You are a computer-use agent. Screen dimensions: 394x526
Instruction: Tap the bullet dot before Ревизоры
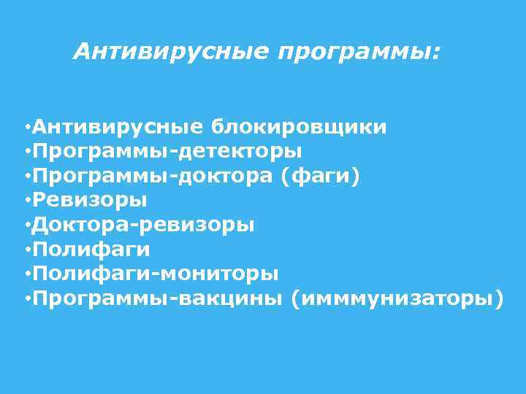[x=26, y=201]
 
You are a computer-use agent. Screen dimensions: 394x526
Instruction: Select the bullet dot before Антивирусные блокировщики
[x=26, y=128]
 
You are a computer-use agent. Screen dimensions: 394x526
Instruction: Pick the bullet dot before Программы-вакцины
[x=26, y=298]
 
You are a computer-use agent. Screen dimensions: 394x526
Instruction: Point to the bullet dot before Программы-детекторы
[x=26, y=152]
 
